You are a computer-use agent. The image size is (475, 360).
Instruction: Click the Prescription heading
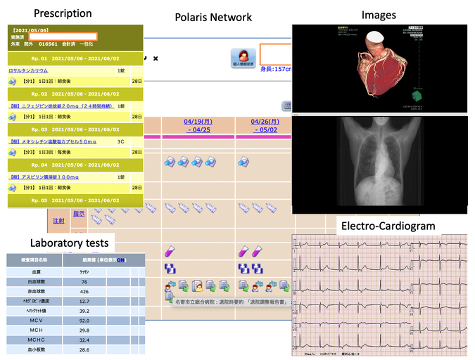62,13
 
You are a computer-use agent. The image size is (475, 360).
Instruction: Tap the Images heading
379,14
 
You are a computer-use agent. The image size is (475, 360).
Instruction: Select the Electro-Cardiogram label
388,226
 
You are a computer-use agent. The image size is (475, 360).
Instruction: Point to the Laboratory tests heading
69,243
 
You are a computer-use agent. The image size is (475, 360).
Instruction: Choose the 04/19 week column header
198,124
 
